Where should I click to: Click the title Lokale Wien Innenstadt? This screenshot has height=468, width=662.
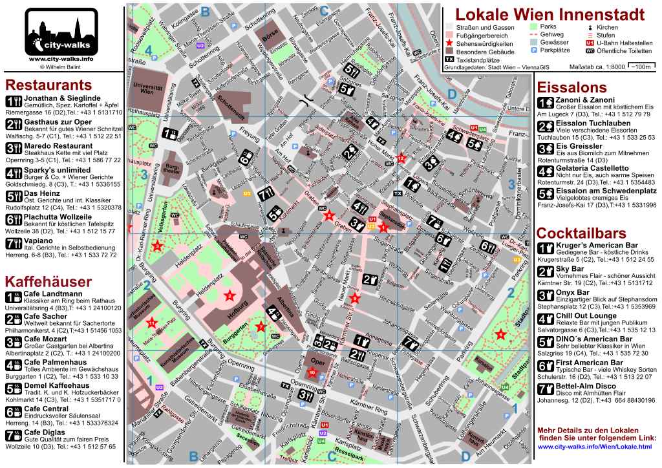[550, 14]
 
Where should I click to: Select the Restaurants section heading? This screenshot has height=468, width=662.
[48, 86]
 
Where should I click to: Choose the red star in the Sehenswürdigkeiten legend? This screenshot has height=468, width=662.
[449, 43]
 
